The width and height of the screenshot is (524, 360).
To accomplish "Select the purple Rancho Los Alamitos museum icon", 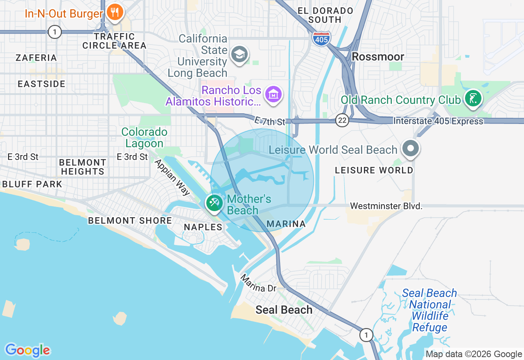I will click(x=273, y=94).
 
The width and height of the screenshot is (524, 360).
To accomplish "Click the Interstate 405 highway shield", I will click(x=321, y=38).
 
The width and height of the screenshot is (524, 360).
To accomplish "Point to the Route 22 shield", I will click(x=342, y=120).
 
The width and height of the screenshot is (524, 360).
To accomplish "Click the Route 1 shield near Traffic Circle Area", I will click(x=54, y=32).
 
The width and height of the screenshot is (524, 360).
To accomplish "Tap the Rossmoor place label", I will click(x=378, y=56).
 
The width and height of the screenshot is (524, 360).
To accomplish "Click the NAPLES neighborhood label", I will click(x=203, y=227).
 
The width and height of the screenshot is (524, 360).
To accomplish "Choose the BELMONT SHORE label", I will click(x=130, y=220).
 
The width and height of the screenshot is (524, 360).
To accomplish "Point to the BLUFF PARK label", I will click(x=32, y=184).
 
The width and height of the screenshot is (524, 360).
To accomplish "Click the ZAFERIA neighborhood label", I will click(x=36, y=58).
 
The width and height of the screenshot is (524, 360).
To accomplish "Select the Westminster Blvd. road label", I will click(x=386, y=206).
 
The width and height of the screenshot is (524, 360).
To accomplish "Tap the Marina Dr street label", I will click(x=258, y=283).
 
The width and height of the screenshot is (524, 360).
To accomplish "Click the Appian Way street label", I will click(x=172, y=177).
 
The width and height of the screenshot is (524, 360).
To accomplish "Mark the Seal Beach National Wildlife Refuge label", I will click(x=429, y=310).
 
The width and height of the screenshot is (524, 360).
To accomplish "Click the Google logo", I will click(x=27, y=350).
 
